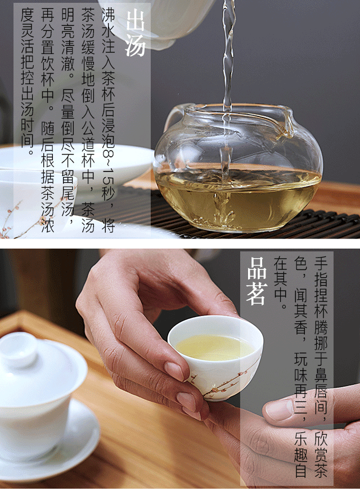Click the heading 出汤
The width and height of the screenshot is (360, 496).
(x=136, y=33)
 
